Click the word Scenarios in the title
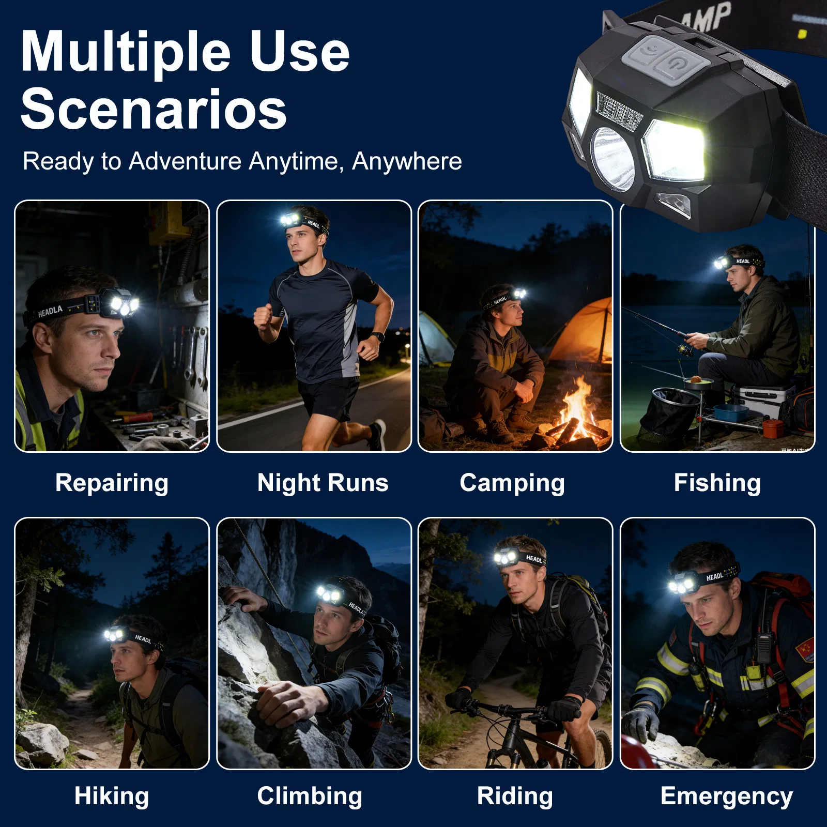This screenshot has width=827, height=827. tap(154, 110)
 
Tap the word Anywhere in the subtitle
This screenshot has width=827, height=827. tap(407, 161)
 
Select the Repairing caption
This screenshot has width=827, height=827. tap(112, 483)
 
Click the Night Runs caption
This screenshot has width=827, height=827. tap(323, 483)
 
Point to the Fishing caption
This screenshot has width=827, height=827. tap(717, 483)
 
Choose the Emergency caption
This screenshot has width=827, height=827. tap(726, 796)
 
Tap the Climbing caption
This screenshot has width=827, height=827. tap(310, 796)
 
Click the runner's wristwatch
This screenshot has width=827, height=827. tap(378, 336)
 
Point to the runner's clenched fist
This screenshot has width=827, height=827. tap(263, 316)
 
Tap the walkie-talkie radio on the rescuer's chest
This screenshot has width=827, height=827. tap(763, 646)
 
